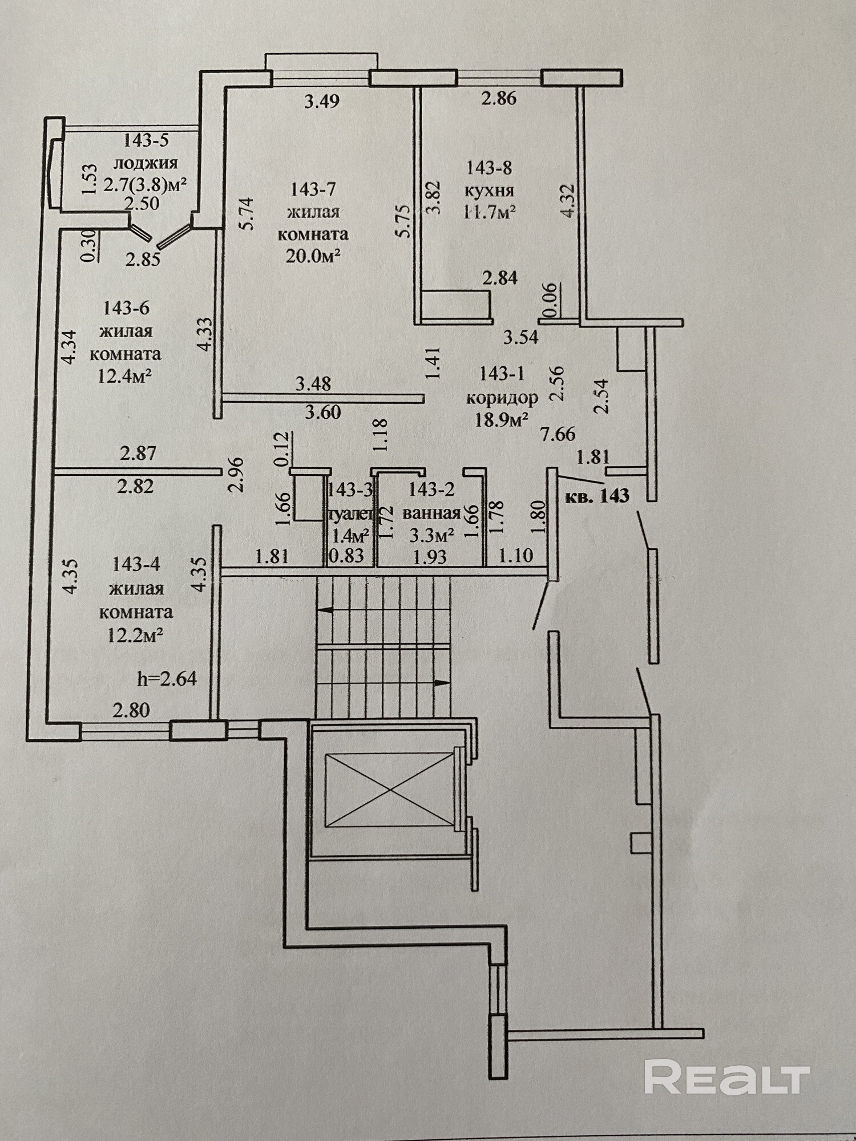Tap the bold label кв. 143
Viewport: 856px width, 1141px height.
coord(597,496)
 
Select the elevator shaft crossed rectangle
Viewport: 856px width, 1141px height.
coord(390,790)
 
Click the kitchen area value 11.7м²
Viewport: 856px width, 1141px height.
coord(490,212)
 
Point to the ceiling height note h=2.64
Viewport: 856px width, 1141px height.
coord(167,679)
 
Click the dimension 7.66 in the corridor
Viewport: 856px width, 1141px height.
coord(558,434)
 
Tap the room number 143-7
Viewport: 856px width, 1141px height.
coord(313,188)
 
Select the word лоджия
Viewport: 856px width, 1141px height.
coord(146,163)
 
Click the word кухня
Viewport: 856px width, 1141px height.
coord(490,190)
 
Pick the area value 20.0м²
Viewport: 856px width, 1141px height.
coord(313,257)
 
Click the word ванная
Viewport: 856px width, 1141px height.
coord(431,513)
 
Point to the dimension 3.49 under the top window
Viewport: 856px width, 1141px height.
coord(322,102)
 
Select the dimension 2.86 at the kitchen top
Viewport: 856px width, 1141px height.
coord(499,98)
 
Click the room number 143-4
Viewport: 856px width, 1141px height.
coord(136,564)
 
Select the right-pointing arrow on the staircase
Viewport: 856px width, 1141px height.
coord(441,682)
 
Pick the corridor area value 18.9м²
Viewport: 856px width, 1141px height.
coord(501,420)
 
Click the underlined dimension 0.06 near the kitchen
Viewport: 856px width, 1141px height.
coord(550,301)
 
